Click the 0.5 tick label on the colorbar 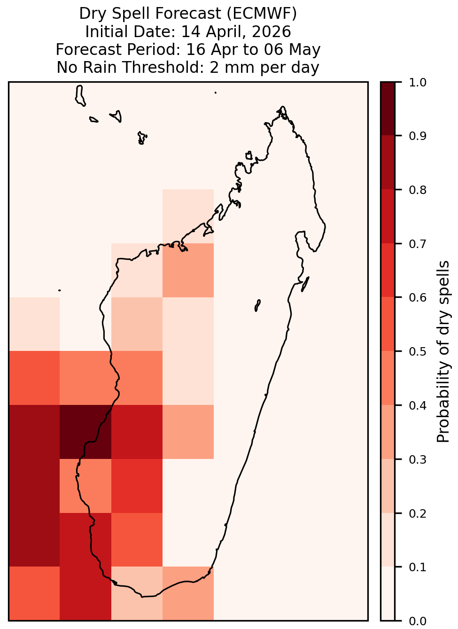(x=418, y=351)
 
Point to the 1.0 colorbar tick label (x=418, y=82)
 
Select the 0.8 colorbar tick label (x=418, y=190)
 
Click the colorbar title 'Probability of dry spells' (x=443, y=351)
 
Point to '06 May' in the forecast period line (x=292, y=50)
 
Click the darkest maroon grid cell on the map (x=85, y=432)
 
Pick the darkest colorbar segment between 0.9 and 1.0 (x=388, y=109)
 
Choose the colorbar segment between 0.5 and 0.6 (x=388, y=324)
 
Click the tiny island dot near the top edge (x=216, y=93)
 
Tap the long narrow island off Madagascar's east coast (x=305, y=284)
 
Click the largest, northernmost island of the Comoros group (x=80, y=95)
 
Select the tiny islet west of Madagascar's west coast (x=59, y=290)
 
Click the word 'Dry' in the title (x=94, y=14)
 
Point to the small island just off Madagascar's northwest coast (x=249, y=155)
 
